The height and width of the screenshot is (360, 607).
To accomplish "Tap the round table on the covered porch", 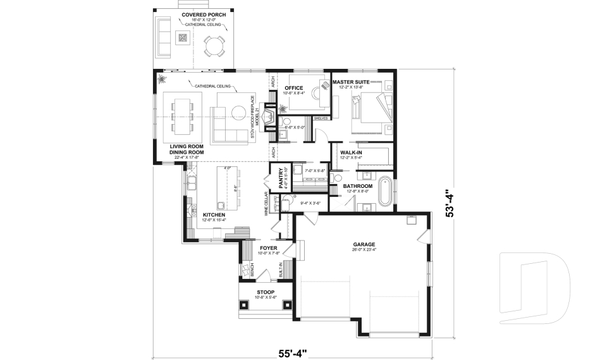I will (x=214, y=46).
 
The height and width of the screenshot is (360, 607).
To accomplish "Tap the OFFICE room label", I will (x=294, y=88).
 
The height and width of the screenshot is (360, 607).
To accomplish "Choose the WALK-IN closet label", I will (x=352, y=152).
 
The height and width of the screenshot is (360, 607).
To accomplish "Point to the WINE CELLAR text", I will (x=266, y=205).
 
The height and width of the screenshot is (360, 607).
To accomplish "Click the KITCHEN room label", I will (x=214, y=215).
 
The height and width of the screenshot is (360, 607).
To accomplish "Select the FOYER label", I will (x=269, y=248).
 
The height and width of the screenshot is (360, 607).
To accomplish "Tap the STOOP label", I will (x=266, y=292).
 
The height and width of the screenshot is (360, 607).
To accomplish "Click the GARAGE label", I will (x=364, y=244).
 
